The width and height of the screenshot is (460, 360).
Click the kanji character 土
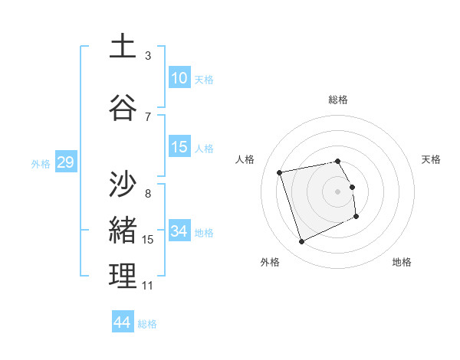[123, 47]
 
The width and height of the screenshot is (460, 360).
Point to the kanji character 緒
[123, 230]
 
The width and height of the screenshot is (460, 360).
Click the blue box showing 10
[179, 78]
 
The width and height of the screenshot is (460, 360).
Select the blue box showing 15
[179, 147]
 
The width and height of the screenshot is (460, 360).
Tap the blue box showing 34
[179, 231]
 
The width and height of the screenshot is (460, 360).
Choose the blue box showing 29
[65, 162]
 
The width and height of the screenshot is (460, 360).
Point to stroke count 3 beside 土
[148, 56]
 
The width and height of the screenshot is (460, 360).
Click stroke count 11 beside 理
[148, 286]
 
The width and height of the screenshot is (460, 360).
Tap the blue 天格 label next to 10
[204, 79]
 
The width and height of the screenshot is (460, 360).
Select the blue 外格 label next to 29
[41, 163]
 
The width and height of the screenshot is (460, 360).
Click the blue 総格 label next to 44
[147, 324]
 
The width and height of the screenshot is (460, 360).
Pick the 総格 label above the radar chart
[338, 100]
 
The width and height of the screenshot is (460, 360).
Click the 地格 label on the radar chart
[402, 262]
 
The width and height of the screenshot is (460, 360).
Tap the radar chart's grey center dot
[338, 191]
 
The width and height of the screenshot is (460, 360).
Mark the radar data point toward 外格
[301, 242]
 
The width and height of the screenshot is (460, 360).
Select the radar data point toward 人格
[280, 172]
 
